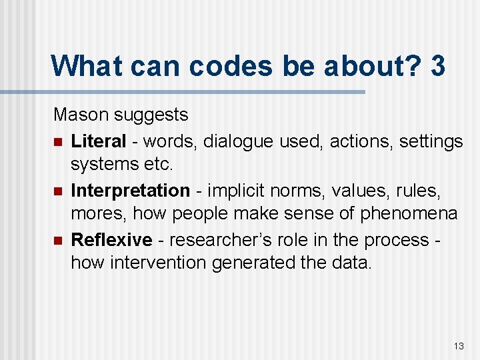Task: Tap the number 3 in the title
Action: tap(438, 66)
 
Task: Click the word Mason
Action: tap(81, 115)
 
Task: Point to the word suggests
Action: tap(151, 115)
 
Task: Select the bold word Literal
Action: tap(98, 141)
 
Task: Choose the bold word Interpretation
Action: tap(130, 191)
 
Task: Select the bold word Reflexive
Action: tap(111, 240)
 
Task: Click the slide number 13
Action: tap(459, 346)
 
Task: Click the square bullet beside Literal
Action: tap(58, 142)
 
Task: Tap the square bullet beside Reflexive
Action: tap(58, 241)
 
